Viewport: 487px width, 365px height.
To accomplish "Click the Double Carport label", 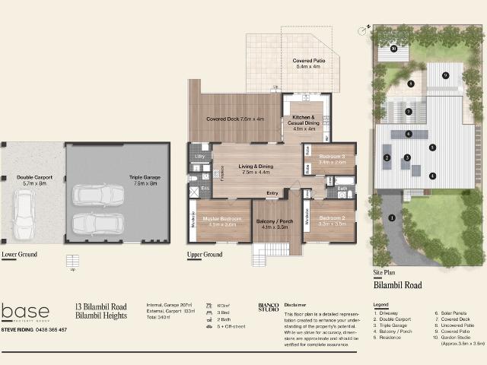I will pos(32,180).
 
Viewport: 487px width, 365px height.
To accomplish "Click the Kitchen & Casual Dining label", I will pos(304,123).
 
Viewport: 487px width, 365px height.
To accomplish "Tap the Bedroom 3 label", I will pos(332,158).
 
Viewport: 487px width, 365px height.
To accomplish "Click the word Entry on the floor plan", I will pos(272,193).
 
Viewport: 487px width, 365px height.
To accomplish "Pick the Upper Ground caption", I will pos(204,254).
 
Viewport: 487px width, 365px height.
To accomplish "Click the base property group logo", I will pos(26,313).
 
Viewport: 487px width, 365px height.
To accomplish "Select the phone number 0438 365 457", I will pos(51,330).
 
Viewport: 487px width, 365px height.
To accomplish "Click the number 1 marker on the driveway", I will pos(392,218).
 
